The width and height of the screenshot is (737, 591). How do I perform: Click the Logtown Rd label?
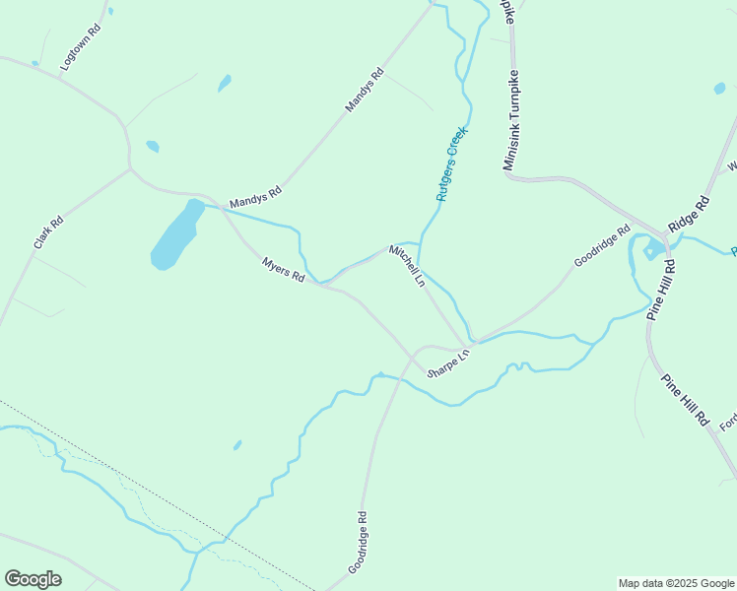click(82, 45)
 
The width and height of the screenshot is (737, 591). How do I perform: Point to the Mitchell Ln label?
click(406, 266)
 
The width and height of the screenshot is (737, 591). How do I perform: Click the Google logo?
click(33, 579)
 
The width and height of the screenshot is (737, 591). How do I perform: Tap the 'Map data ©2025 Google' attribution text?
click(676, 583)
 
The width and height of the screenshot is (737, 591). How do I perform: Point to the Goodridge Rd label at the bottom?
click(358, 543)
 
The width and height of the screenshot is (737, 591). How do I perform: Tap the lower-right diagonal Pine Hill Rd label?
click(685, 400)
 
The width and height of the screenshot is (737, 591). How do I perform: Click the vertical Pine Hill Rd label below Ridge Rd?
click(660, 291)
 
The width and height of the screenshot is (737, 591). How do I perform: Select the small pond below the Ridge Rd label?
click(650, 250)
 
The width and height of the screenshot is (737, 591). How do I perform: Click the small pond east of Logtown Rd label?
click(225, 83)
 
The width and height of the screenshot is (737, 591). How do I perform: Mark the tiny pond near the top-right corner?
click(719, 89)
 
